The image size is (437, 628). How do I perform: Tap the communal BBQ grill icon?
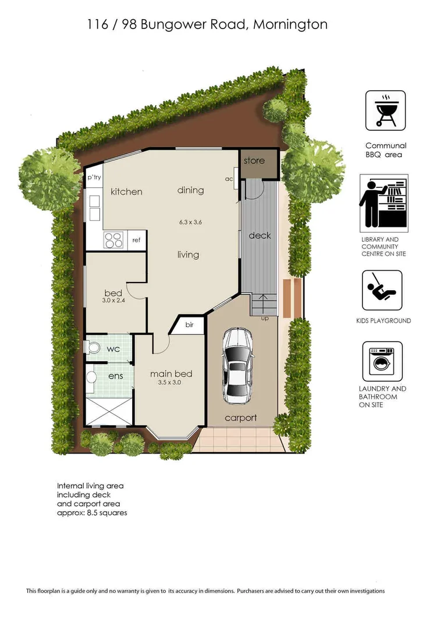385,110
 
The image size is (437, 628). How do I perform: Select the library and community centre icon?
383,203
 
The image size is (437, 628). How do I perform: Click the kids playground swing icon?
382,290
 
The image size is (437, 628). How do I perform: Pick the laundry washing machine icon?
382,361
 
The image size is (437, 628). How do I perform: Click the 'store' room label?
254,160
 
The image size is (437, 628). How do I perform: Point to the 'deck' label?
260,235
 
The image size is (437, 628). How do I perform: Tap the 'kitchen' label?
126,191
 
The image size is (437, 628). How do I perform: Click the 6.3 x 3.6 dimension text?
190,222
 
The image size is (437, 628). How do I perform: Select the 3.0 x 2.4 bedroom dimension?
113,300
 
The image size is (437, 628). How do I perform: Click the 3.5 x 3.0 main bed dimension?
169,383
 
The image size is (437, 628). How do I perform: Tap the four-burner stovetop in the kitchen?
113,240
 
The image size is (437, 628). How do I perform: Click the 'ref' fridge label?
136,240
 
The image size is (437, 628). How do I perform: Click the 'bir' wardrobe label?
189,325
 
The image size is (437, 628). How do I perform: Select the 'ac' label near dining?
229,179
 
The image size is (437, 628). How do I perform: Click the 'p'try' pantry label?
94,177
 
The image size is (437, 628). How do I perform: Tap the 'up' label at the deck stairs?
265,319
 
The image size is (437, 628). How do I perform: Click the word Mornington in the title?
290,25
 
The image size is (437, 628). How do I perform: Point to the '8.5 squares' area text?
107,513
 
